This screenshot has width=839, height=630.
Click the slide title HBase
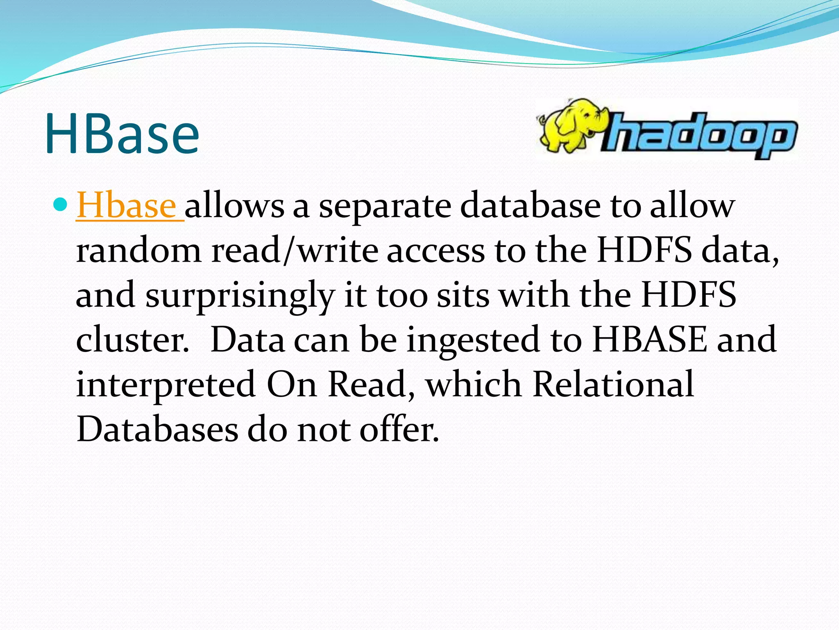tap(122, 134)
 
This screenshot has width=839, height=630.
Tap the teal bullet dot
tap(60, 203)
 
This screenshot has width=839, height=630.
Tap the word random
tap(138, 251)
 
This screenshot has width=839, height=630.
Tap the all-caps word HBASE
tap(649, 340)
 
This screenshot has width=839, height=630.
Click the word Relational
tap(613, 384)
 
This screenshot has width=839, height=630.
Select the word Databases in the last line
tap(157, 429)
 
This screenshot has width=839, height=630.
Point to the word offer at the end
tap(399, 429)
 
